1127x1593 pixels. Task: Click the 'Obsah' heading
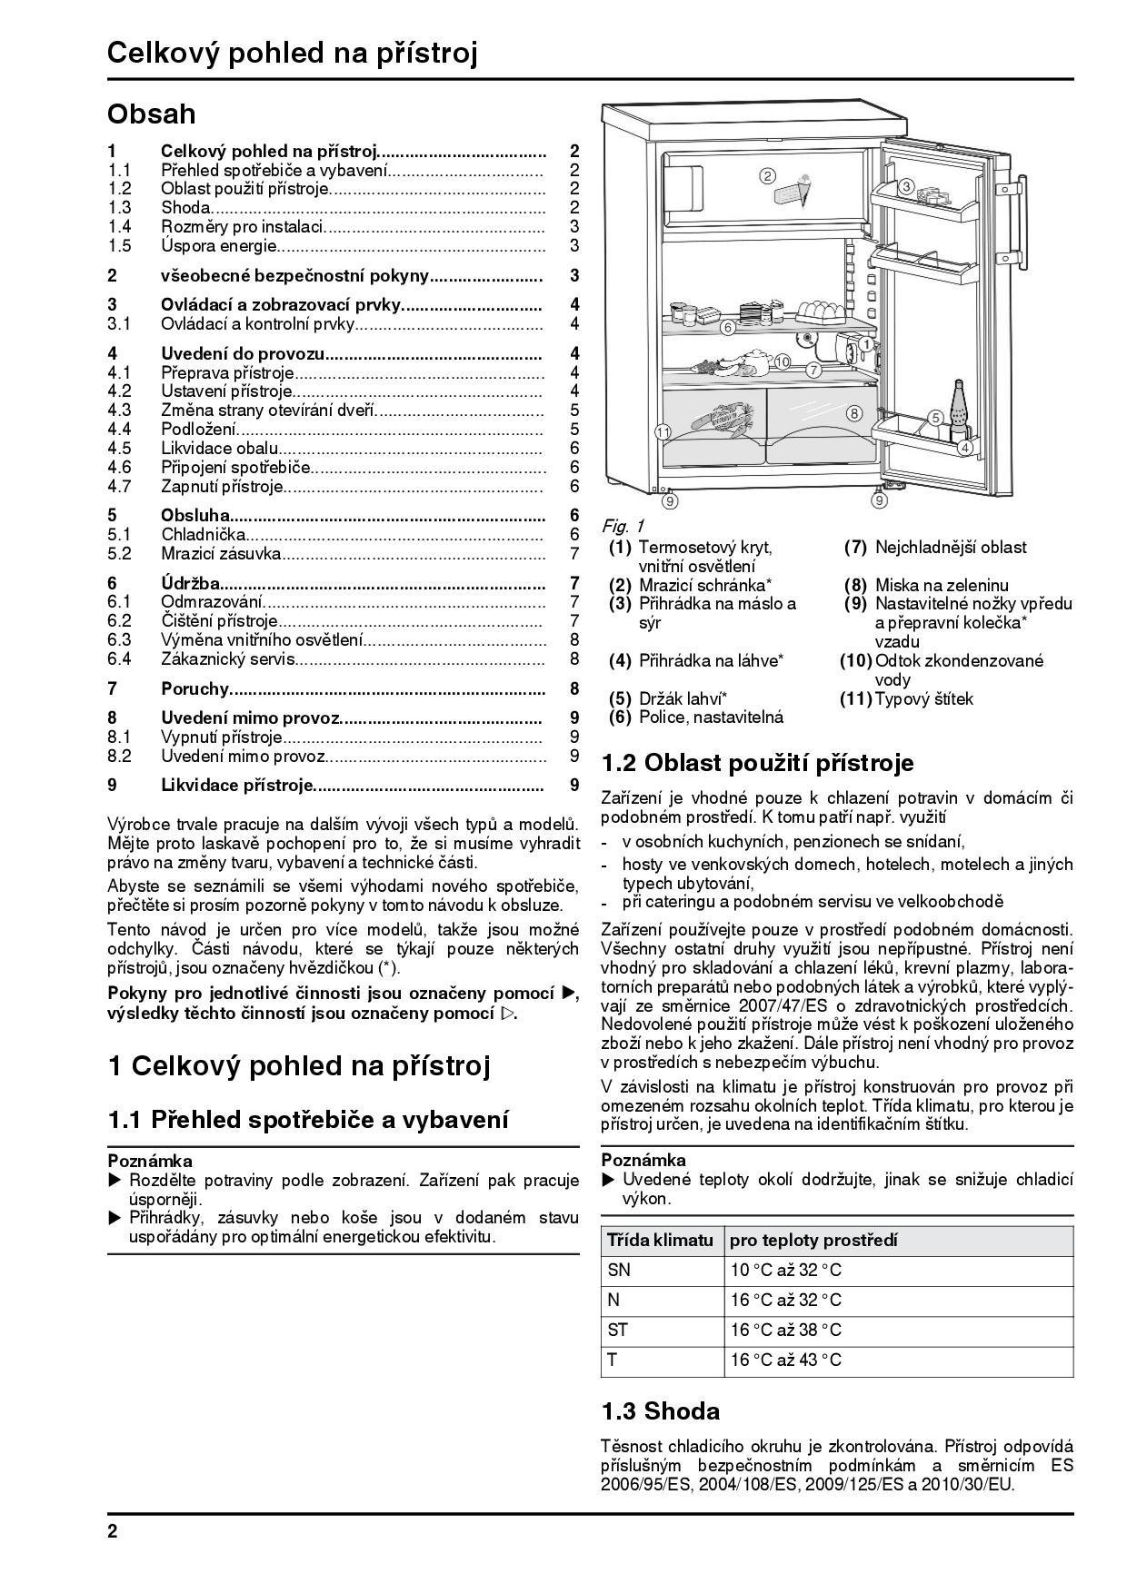151,114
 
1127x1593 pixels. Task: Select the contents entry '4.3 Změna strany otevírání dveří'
268,411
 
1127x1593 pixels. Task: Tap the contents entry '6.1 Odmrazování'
212,601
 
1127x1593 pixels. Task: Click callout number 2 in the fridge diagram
767,175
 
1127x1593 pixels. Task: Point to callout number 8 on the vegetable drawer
853,413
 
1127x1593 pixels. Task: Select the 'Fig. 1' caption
623,526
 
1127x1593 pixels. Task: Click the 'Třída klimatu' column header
660,1241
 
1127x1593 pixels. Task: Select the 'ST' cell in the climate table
618,1331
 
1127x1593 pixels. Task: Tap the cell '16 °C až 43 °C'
786,1360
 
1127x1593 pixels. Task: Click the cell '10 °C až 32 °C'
786,1271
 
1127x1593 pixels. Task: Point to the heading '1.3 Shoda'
660,1411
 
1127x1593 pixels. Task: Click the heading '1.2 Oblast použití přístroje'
757,763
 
